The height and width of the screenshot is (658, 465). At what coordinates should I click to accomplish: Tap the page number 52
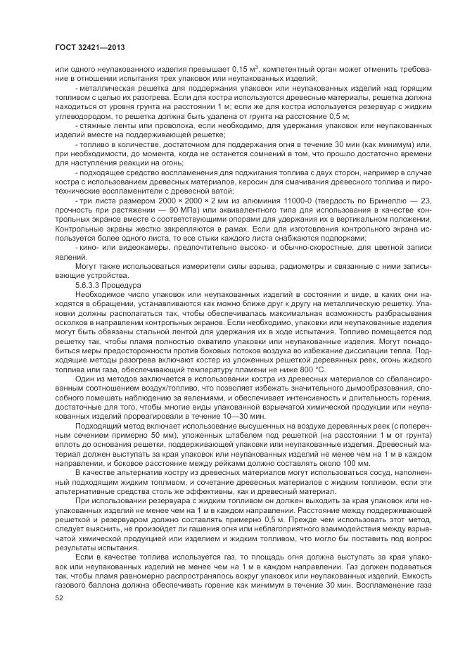pyautogui.click(x=59, y=598)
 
